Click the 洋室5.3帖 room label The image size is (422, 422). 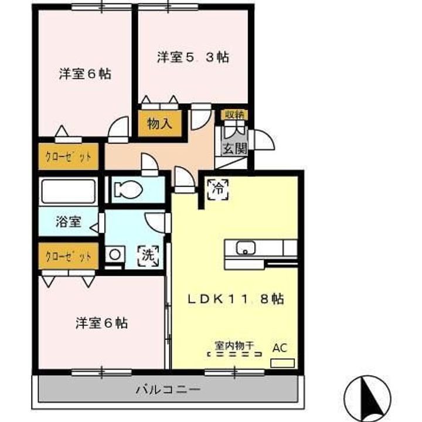click(x=192, y=57)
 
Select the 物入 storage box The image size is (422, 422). click(x=159, y=123)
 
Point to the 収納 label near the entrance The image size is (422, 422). click(x=234, y=114)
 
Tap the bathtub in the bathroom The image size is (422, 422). click(x=67, y=191)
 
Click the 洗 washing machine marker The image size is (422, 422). click(x=148, y=255)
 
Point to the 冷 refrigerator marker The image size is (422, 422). click(x=217, y=188)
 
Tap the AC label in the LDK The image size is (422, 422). click(x=280, y=348)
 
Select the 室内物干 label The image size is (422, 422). click(x=234, y=345)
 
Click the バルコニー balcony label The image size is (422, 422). click(x=168, y=389)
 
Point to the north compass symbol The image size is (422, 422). click(x=367, y=397)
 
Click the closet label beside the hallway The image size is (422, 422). click(x=69, y=156)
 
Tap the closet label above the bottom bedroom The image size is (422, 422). click(x=69, y=256)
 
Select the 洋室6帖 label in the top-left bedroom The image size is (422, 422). click(x=85, y=74)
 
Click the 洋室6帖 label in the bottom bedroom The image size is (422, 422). click(x=101, y=323)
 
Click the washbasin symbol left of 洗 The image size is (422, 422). click(x=115, y=255)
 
